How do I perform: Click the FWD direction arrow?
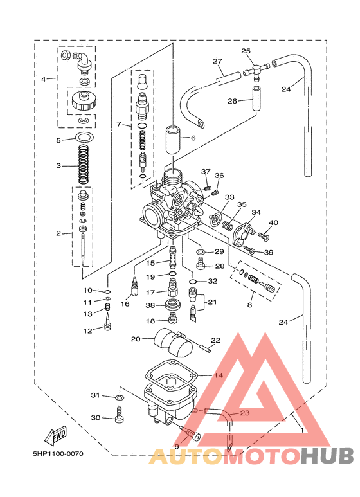pyautogui.click(x=55, y=435)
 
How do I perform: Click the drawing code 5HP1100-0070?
pyautogui.click(x=59, y=453)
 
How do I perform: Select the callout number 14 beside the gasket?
pyautogui.click(x=219, y=375)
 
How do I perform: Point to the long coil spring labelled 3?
pyautogui.click(x=84, y=164)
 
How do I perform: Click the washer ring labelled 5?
pyautogui.click(x=84, y=138)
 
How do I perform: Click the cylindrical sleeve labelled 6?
pyautogui.click(x=174, y=140)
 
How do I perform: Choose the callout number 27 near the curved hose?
pyautogui.click(x=217, y=61)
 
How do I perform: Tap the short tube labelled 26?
pyautogui.click(x=256, y=98)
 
